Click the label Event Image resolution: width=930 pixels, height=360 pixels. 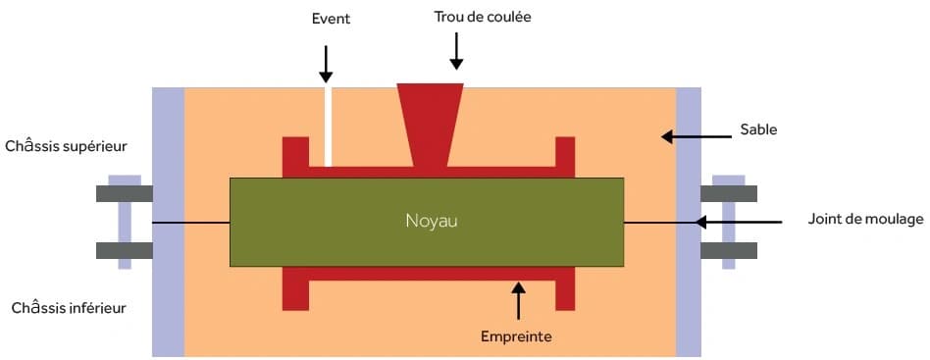tap(331, 19)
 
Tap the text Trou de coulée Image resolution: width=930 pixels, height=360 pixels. tap(483, 18)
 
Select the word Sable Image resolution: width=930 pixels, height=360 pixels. tap(758, 129)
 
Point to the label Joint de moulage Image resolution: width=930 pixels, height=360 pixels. tap(865, 219)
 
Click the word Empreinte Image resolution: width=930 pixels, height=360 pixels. tap(517, 336)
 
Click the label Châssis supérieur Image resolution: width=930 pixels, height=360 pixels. tap(66, 146)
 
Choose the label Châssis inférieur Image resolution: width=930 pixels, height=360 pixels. tap(69, 308)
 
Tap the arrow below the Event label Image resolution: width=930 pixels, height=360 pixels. tap(326, 64)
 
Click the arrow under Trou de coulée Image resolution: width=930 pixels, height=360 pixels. tap(456, 51)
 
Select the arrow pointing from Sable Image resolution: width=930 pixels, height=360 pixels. tap(697, 137)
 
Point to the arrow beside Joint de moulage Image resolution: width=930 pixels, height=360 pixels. tap(739, 223)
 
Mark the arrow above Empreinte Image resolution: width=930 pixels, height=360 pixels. tap(519, 301)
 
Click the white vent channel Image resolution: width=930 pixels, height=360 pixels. tap(328, 127)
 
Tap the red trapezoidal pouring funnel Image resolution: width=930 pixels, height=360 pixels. tap(431, 126)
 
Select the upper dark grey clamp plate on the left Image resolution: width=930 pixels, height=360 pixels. tap(125, 193)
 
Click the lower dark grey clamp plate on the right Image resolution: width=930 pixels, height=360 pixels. tap(729, 251)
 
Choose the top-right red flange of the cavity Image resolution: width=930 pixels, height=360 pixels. tap(565, 157)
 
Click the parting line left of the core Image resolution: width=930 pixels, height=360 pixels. tap(191, 223)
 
